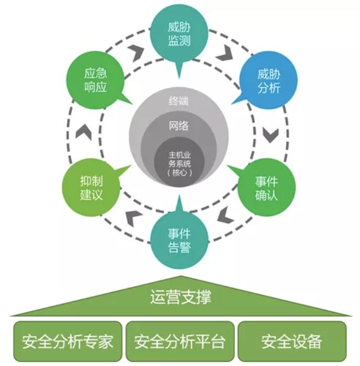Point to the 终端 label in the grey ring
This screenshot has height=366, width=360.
pyautogui.click(x=179, y=101)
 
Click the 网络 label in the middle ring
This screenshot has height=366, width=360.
pyautogui.click(x=179, y=126)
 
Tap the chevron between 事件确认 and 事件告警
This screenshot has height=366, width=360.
pyautogui.click(x=224, y=214)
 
